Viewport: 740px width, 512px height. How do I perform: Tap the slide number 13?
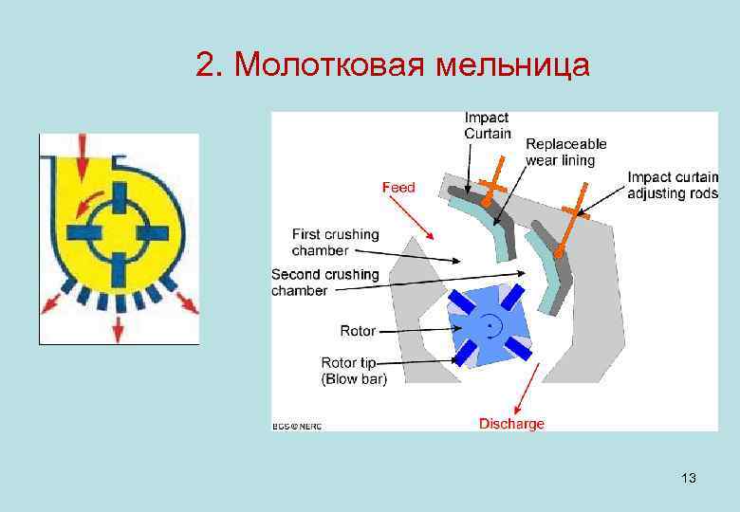click(x=688, y=478)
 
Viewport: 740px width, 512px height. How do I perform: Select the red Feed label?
click(x=398, y=188)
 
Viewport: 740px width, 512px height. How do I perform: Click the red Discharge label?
click(x=511, y=424)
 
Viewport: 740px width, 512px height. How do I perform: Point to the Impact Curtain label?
click(x=487, y=125)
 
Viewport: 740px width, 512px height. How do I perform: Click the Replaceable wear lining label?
click(x=565, y=152)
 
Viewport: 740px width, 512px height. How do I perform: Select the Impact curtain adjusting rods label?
click(x=673, y=185)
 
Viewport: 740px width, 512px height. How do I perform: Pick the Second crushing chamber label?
click(x=324, y=283)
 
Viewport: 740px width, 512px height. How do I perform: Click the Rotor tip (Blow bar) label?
click(x=354, y=371)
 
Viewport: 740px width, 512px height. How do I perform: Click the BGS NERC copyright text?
click(x=297, y=426)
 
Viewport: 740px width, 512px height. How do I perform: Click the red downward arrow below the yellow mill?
click(x=118, y=325)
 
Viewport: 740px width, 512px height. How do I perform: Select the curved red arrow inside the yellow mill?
click(x=91, y=196)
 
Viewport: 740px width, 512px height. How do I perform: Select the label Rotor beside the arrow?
click(x=358, y=331)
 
